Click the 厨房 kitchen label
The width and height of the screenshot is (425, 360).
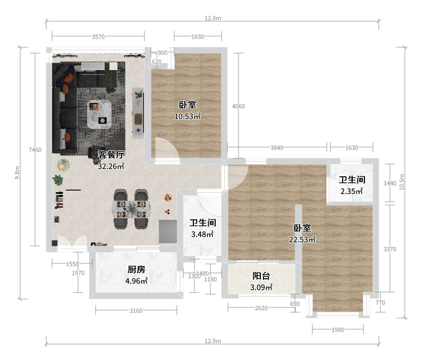137,270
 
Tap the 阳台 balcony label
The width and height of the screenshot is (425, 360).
261,276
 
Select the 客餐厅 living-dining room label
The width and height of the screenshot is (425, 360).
111,155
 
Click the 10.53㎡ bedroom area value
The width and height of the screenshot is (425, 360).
188,116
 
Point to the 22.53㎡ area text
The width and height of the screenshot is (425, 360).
302,239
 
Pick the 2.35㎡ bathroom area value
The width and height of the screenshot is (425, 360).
352,191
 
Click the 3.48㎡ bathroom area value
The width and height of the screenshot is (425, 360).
202,234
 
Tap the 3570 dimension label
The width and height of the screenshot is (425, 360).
98,37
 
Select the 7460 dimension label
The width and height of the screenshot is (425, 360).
35,150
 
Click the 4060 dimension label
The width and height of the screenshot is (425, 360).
239,106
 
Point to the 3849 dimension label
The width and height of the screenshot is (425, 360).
277,148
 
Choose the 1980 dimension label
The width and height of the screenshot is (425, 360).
338,330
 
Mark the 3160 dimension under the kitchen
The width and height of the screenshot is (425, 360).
136,311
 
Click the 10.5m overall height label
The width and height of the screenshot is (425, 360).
402,182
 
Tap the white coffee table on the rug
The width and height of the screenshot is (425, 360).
99,114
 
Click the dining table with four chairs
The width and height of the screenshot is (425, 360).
131,209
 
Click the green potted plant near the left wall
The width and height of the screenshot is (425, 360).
57,180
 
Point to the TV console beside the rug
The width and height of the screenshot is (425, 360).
138,113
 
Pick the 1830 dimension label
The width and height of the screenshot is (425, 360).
198,37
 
